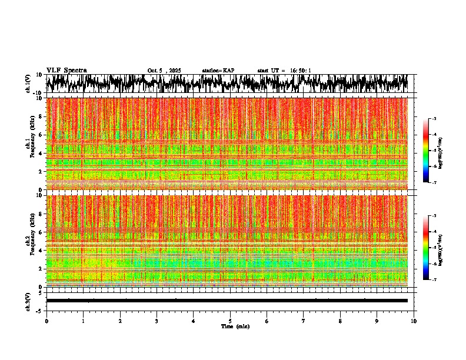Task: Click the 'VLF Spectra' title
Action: point(66,70)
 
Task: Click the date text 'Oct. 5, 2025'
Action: point(164,71)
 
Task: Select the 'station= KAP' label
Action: point(218,71)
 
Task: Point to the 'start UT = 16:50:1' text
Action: point(284,71)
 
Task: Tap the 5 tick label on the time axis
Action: point(230,321)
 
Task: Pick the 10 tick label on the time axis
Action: point(414,321)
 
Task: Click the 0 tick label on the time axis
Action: point(46,321)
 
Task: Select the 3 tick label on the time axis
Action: point(157,321)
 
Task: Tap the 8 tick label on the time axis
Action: point(341,321)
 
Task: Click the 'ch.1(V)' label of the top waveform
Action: point(28,84)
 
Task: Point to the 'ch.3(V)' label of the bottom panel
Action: point(28,301)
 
